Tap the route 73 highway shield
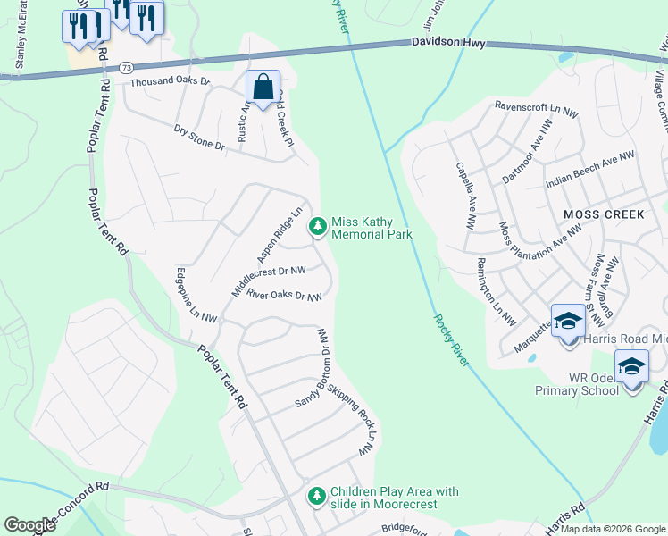[x=127, y=67]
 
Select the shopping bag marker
[x=263, y=88]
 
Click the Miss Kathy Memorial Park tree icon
[x=317, y=228]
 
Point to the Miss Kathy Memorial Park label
[x=371, y=228]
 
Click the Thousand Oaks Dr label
[x=169, y=81]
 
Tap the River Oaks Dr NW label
[x=283, y=295]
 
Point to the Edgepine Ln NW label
[x=196, y=294]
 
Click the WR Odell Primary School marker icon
[x=631, y=366]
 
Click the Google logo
[x=29, y=524]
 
